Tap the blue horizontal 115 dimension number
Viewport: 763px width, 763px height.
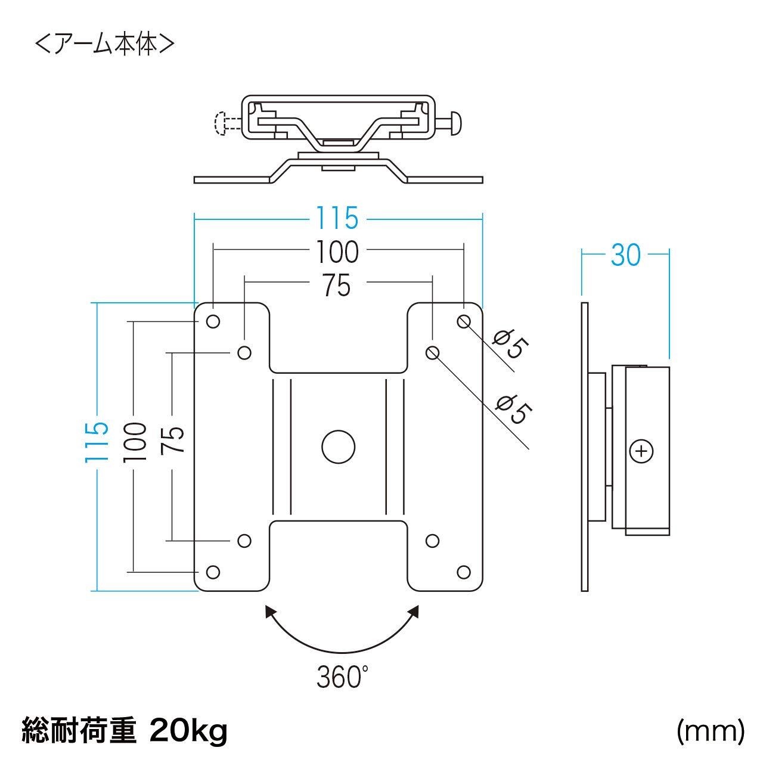pos(337,218)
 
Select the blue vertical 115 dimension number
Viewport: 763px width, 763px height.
pos(97,442)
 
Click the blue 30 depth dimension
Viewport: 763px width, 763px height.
pos(626,255)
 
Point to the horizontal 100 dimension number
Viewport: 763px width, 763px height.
pos(338,252)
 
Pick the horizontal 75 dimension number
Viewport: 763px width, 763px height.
pos(337,285)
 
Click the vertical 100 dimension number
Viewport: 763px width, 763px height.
pos(135,442)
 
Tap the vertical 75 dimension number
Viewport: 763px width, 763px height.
pos(173,439)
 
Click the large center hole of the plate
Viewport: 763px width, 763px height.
pos(338,447)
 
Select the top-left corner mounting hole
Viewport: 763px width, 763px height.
pos(213,321)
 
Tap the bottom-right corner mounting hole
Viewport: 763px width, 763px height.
pos(464,572)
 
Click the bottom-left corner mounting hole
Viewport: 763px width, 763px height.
pos(213,572)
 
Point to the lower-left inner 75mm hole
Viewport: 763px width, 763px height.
pos(244,541)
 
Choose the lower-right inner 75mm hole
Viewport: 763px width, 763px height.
pos(432,541)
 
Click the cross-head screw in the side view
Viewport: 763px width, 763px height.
pos(641,451)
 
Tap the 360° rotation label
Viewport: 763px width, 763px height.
pos(343,678)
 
